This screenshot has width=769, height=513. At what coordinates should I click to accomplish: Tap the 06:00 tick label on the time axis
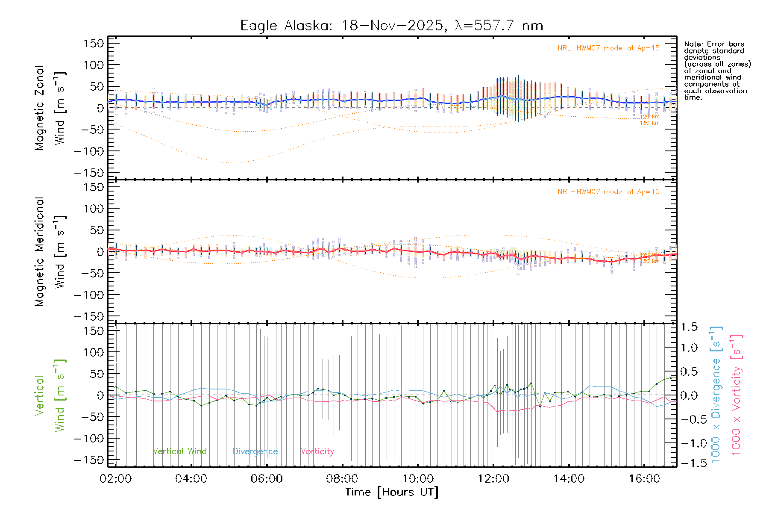coord(267,479)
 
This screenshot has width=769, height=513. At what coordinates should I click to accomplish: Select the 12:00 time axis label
coord(493,479)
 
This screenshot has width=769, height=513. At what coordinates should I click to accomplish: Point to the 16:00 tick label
coord(644,479)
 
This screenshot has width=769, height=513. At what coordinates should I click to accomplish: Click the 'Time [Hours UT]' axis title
coord(392,492)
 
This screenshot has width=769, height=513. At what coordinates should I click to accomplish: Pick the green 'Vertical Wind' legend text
coord(179,451)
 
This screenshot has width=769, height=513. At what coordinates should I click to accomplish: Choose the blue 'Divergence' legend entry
coord(255,451)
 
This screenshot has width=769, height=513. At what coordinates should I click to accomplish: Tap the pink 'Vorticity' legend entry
coord(317,451)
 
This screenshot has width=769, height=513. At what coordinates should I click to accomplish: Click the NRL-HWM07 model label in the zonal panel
coord(608,48)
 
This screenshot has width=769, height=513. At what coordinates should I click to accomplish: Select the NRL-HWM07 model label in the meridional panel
coord(608,192)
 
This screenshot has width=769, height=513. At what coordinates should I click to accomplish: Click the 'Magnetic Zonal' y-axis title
coord(40,108)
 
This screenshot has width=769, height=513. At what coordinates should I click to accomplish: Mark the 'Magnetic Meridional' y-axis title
coord(40,252)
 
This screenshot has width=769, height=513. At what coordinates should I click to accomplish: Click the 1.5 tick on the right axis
coord(689,327)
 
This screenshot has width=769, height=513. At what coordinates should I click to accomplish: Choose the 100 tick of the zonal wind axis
coord(94,65)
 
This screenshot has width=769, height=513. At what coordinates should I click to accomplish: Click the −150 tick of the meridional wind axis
coord(89,317)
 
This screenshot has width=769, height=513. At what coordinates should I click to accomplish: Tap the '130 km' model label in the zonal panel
coord(649,123)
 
